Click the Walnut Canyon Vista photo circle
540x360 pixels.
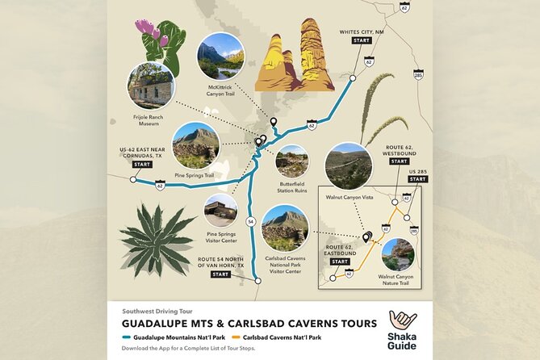pos(348,165)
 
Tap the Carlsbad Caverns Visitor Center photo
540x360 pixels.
pos(285,227)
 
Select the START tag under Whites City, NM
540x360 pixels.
pos(362,40)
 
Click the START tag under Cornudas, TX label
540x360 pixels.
pos(142,164)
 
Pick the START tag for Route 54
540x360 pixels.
pos(220,274)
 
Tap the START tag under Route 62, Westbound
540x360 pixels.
pos(399,161)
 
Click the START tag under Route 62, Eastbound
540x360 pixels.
pos(340,262)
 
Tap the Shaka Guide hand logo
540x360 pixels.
pos(402,320)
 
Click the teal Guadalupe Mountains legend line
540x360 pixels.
pos(127,336)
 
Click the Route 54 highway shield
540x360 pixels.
pos(250,220)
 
